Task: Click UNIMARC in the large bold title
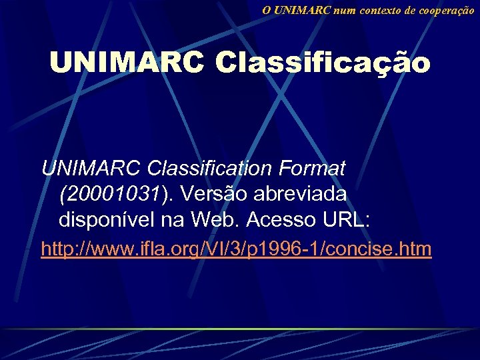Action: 127,63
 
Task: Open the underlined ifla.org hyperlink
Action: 236,249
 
